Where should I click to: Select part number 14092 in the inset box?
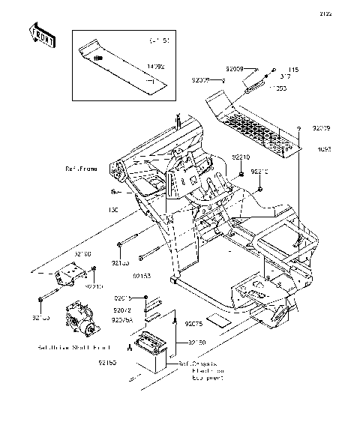[x=155, y=67]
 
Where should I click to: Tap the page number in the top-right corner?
[x=346, y=13]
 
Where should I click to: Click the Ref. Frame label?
[x=81, y=169]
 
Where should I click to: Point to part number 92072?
[x=122, y=310]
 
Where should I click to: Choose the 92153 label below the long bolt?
[x=143, y=276]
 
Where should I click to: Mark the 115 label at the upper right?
[x=293, y=69]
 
